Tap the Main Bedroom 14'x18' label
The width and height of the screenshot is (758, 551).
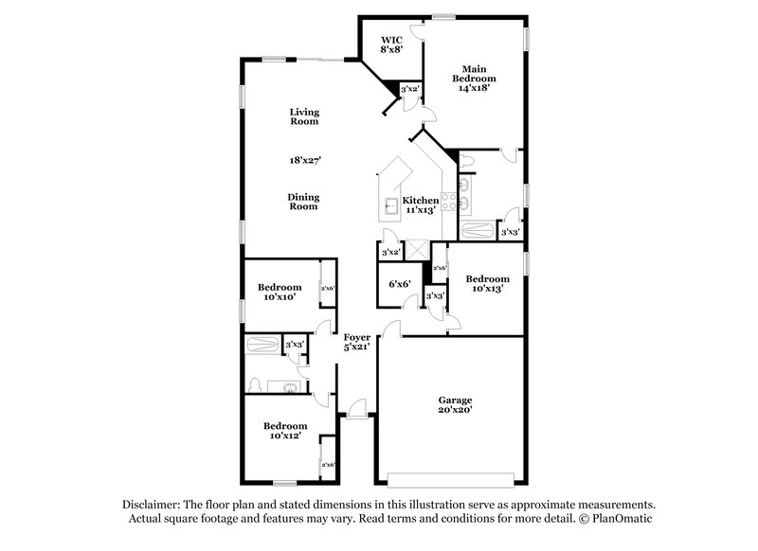[474, 78]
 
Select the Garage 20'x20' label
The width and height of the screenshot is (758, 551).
[454, 405]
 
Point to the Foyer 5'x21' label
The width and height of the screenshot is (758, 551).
[356, 343]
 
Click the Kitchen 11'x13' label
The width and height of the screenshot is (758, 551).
[421, 205]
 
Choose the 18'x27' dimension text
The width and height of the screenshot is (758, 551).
[304, 160]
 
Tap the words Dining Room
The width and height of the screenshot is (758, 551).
[304, 202]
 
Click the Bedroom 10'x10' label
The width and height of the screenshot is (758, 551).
[280, 292]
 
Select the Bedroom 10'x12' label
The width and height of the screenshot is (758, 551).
[284, 431]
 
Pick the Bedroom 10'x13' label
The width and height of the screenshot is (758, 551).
[487, 284]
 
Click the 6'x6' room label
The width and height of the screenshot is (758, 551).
[398, 283]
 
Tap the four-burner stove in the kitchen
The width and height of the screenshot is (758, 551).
[449, 201]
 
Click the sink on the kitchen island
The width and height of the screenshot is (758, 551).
[389, 204]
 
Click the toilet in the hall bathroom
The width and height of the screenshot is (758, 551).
[254, 383]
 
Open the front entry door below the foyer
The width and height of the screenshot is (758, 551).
[356, 409]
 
